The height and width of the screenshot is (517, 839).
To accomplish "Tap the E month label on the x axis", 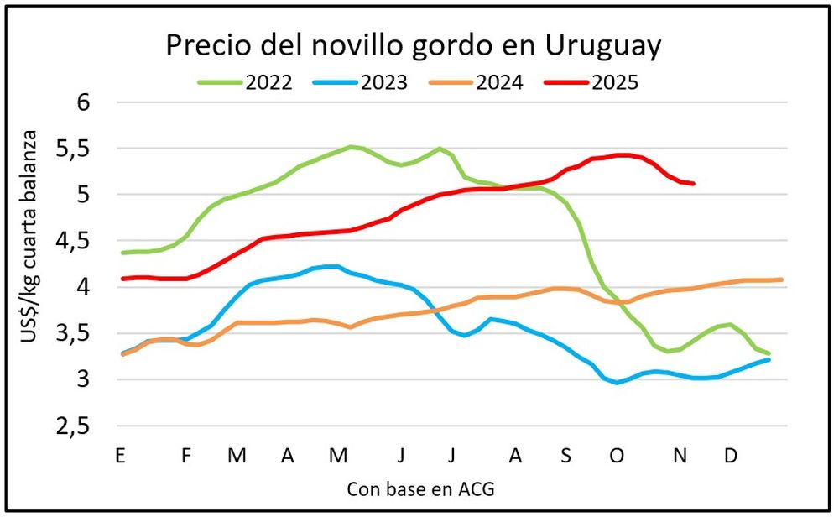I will point(121,456).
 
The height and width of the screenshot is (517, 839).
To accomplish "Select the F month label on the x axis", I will point(186,456).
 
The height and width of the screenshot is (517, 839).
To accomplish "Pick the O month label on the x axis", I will point(617,456).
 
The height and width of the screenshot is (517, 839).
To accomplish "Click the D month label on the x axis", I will point(731,456).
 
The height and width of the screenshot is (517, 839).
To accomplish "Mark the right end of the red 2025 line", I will point(693,183).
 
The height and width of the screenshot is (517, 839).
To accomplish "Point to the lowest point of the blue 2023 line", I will point(618,383).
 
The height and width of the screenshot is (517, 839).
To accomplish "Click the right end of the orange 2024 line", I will point(781,279).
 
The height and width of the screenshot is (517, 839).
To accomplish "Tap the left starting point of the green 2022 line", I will point(122,253).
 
